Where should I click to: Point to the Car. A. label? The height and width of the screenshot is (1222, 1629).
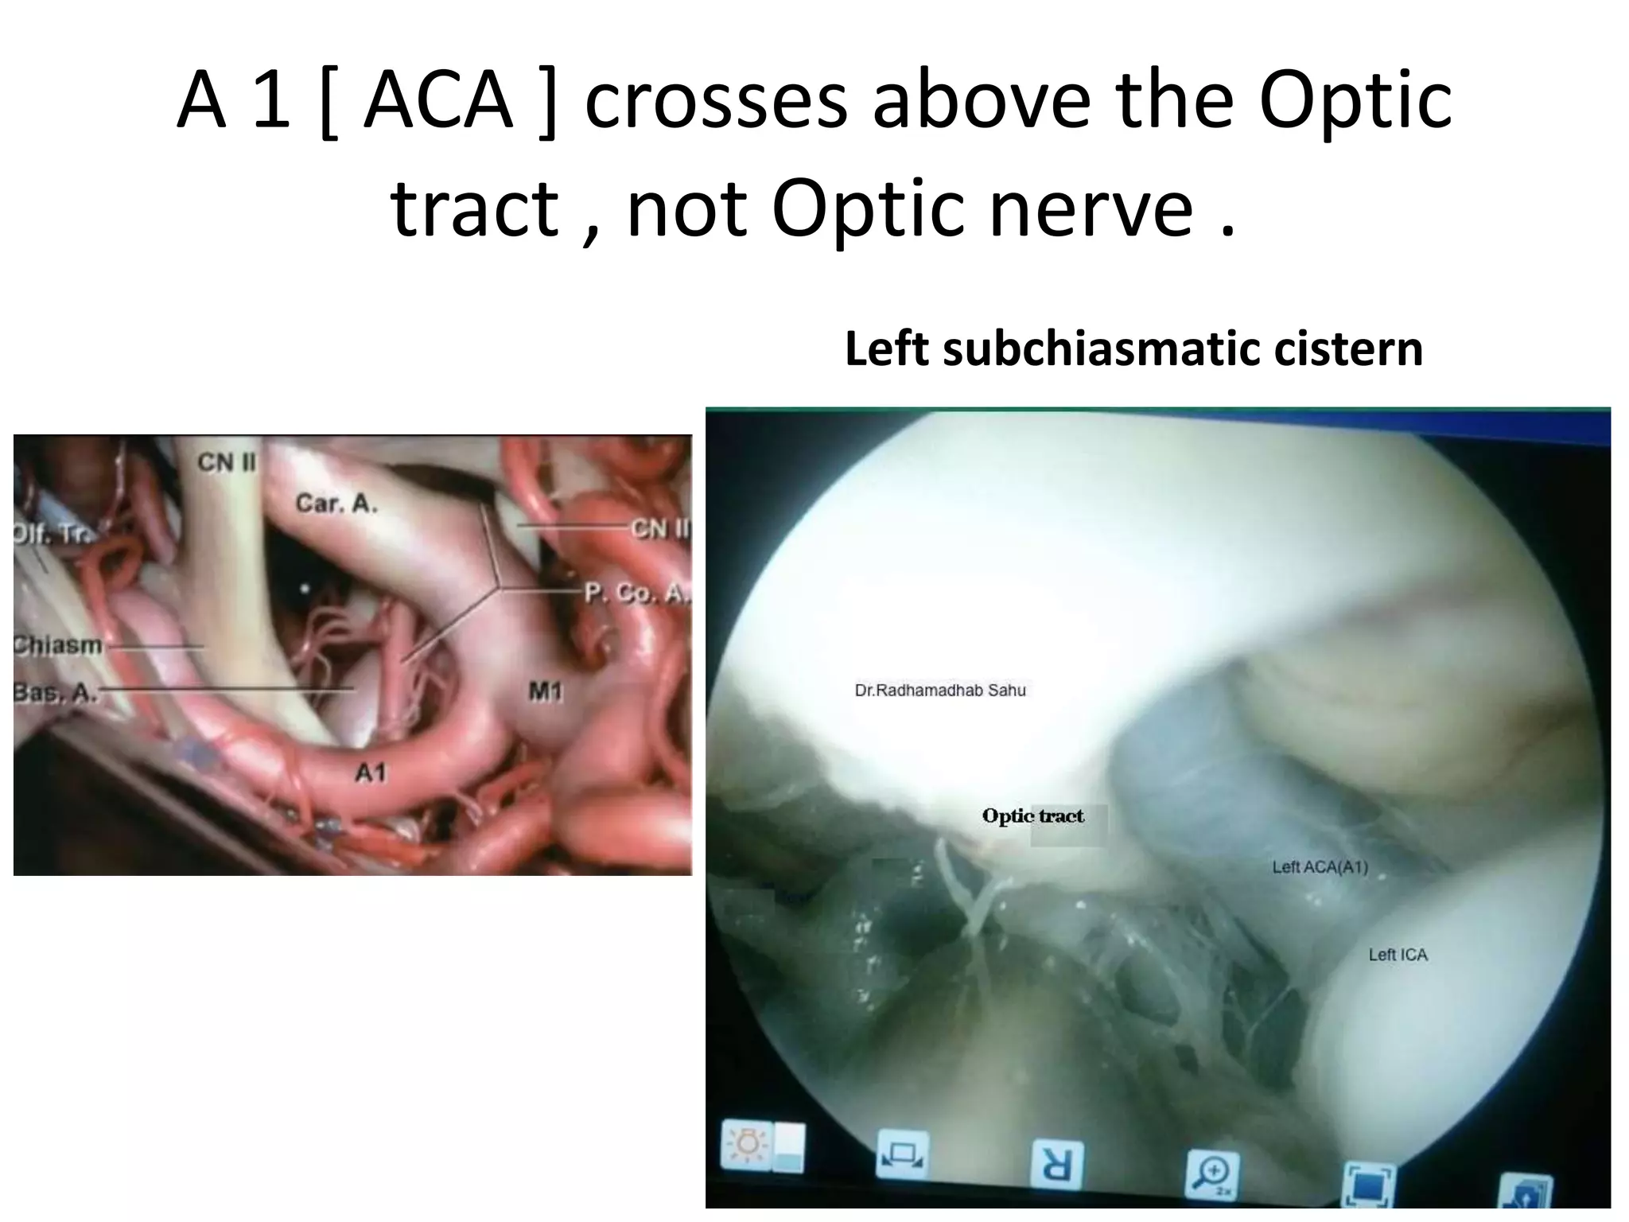tap(336, 503)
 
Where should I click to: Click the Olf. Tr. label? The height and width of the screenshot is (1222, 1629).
tap(51, 535)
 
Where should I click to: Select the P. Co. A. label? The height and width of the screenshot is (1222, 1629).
tap(636, 593)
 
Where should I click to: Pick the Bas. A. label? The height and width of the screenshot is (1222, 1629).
tap(55, 693)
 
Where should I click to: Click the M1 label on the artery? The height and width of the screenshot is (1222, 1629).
tap(546, 691)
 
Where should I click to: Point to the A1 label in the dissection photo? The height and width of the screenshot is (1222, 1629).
tap(371, 772)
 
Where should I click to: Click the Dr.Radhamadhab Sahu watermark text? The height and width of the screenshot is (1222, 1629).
tap(939, 691)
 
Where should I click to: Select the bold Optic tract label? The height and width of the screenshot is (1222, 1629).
tap(1032, 816)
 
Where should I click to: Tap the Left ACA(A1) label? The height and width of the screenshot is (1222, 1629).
tap(1320, 867)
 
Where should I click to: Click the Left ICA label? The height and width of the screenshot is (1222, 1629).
tap(1398, 955)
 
